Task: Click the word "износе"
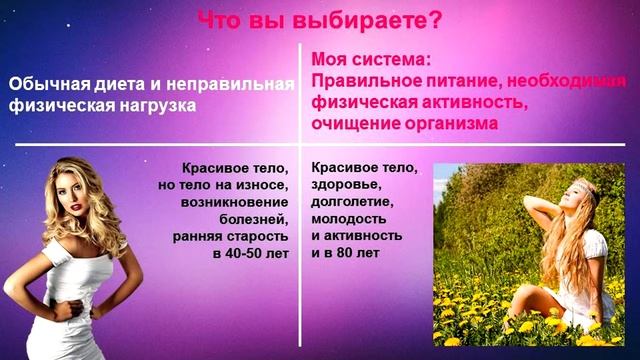267,185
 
